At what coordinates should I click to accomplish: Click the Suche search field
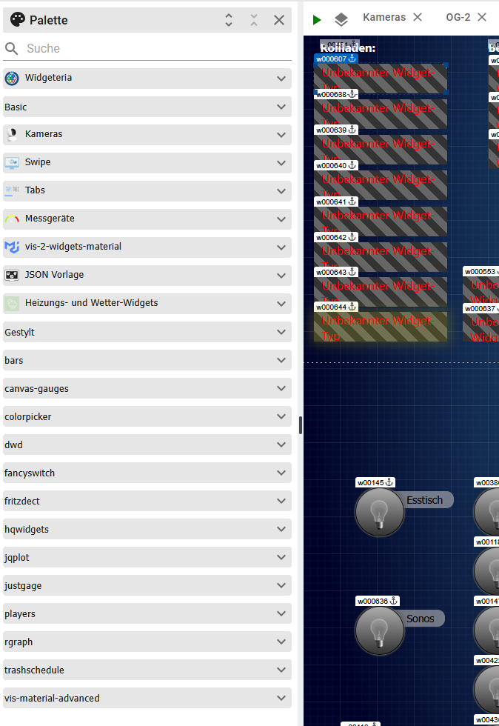pyautogui.click(x=148, y=49)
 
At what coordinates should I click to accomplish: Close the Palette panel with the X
pyautogui.click(x=279, y=20)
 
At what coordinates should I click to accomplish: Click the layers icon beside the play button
pyautogui.click(x=341, y=19)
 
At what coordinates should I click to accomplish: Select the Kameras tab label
pyautogui.click(x=384, y=17)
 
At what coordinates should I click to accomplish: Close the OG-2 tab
pyautogui.click(x=482, y=17)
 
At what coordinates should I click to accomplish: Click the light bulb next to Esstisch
pyautogui.click(x=380, y=511)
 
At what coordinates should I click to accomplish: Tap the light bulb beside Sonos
pyautogui.click(x=380, y=630)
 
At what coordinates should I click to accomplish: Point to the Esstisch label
pyautogui.click(x=425, y=501)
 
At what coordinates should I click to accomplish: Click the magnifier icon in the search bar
pyautogui.click(x=11, y=49)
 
